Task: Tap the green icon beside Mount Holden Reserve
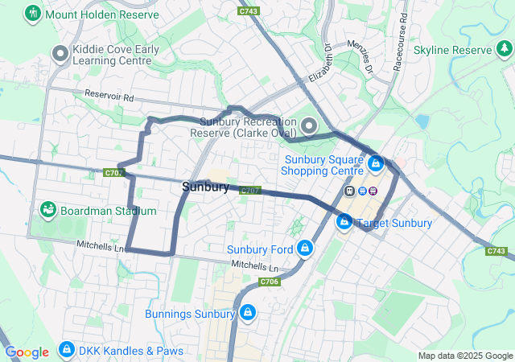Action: pos(33,14)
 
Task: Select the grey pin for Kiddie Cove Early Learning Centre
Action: pos(60,55)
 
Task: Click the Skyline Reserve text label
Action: pos(451,50)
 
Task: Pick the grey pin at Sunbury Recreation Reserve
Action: pos(311,126)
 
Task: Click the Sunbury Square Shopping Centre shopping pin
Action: pos(375,164)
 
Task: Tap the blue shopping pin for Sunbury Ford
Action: pos(305,249)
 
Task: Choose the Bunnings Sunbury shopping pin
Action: pos(247,313)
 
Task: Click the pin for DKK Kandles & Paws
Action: pos(67,351)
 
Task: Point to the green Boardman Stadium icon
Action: pos(47,211)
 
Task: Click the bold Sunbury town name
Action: pos(205,187)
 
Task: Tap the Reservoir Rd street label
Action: pos(109,97)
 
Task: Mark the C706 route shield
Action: pos(270,282)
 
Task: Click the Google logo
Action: pos(27,352)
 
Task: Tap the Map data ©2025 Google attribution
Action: pos(464,356)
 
